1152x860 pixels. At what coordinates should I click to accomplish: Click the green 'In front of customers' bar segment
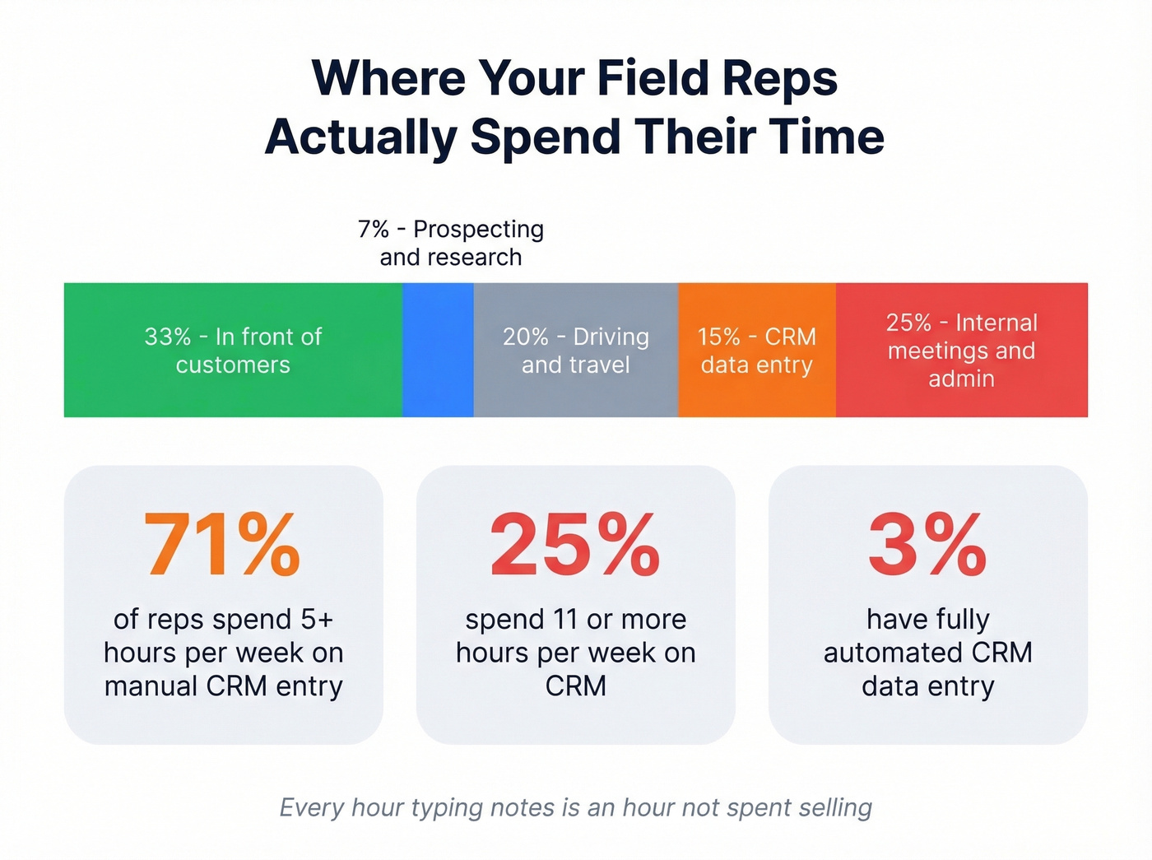(233, 350)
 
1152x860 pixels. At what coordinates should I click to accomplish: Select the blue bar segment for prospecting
(438, 350)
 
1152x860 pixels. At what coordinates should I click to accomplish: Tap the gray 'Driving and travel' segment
(575, 350)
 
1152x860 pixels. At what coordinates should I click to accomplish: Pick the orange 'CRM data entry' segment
(756, 350)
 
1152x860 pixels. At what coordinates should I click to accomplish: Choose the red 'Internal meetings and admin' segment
(961, 350)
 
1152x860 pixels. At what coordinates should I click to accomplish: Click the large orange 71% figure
(223, 545)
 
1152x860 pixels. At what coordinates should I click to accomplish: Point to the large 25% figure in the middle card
(575, 545)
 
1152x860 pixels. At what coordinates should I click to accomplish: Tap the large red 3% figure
(927, 545)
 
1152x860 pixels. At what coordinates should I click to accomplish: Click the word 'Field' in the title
(653, 78)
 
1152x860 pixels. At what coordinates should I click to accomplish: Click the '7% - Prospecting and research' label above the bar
(451, 243)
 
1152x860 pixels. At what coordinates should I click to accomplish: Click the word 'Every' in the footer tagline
(311, 807)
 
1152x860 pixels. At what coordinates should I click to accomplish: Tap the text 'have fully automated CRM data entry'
(927, 652)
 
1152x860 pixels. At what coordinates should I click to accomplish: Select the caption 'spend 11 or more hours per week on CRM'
(575, 652)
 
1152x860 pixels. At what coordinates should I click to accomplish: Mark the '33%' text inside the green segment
(168, 337)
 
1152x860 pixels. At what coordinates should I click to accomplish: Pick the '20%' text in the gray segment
(526, 337)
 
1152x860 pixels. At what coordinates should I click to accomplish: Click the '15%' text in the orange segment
(719, 337)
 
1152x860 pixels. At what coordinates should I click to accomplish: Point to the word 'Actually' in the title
(360, 137)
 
